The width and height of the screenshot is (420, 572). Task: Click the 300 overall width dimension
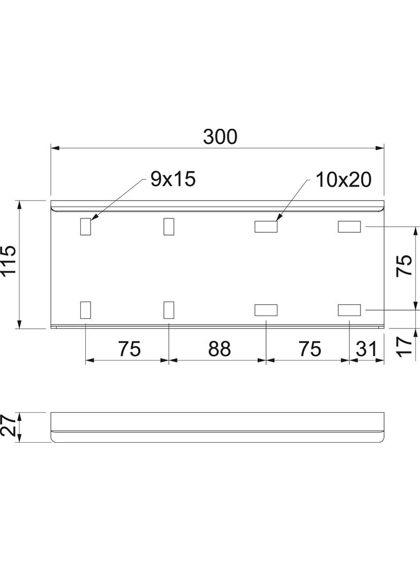[220, 137]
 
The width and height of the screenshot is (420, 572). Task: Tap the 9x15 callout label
[173, 179]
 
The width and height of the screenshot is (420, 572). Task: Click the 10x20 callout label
[343, 180]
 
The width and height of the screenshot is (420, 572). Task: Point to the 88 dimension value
[219, 349]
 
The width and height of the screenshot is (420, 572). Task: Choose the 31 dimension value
[366, 349]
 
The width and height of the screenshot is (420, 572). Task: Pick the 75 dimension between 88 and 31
[310, 349]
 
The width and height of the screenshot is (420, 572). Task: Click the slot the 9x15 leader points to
[85, 226]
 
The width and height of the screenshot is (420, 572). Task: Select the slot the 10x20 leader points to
[266, 227]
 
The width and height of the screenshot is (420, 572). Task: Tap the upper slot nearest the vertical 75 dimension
[349, 227]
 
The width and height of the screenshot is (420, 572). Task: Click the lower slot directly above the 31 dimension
[349, 310]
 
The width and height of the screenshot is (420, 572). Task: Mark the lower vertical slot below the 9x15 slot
[85, 310]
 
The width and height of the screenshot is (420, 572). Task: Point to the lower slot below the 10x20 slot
[266, 310]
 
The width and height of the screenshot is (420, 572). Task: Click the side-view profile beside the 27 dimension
[217, 427]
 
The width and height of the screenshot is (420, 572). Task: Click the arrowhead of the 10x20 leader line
[277, 219]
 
